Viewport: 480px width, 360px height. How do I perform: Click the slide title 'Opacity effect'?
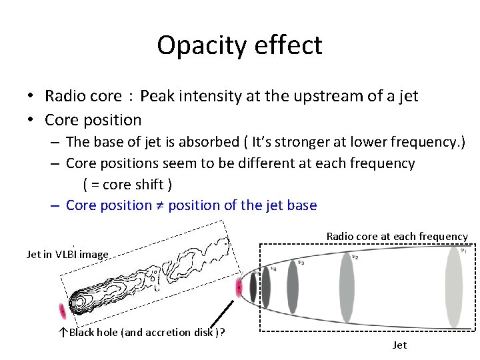239,45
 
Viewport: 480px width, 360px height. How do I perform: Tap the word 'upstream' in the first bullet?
316,96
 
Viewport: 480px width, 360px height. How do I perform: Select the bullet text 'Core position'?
93,120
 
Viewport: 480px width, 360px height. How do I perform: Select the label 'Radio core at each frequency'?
397,236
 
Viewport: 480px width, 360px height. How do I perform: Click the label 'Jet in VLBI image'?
67,253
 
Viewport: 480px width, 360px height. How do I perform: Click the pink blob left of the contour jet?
63,311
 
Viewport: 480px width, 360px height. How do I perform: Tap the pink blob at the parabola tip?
239,288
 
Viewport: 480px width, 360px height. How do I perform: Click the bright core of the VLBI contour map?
81,302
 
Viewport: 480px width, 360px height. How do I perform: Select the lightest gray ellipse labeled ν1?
453,288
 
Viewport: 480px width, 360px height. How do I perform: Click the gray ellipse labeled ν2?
346,288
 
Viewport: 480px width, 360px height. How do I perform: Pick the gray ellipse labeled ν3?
293,288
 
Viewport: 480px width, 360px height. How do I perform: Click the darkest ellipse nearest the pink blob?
253,288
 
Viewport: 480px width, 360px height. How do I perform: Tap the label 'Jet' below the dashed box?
400,345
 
